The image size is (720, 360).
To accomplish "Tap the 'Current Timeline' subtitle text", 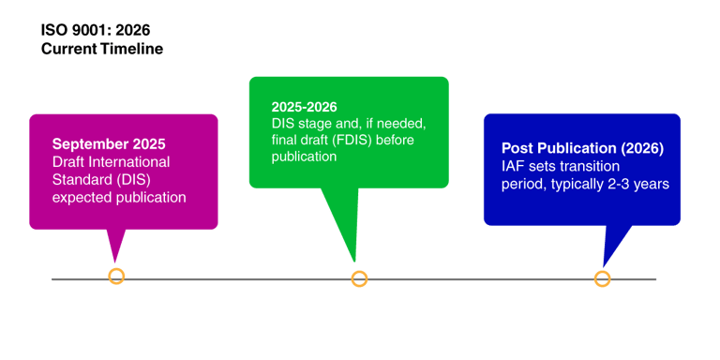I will click(x=102, y=49).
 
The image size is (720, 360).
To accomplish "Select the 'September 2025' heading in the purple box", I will click(x=109, y=144).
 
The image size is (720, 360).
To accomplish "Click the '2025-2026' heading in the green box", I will click(x=304, y=107).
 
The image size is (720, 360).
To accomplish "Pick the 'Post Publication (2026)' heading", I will click(x=582, y=148).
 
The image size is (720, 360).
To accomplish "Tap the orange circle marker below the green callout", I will click(x=359, y=278).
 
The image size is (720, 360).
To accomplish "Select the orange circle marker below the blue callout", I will click(x=602, y=278).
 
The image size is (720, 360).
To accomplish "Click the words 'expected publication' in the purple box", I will click(x=119, y=197).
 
